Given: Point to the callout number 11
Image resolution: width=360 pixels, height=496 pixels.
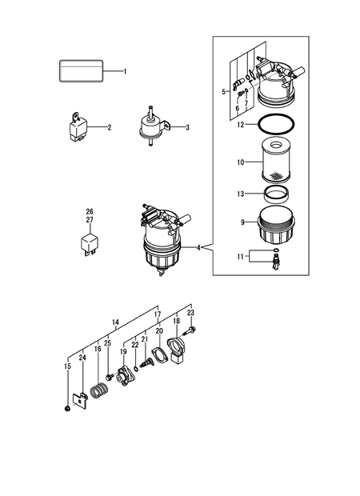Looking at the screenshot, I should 239,258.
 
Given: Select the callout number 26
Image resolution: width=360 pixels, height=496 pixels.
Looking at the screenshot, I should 90,212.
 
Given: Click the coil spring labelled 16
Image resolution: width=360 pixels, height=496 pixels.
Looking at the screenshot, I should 98,392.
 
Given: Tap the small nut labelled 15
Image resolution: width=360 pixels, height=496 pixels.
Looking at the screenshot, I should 67,409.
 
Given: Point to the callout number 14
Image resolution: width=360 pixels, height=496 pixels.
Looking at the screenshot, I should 115,323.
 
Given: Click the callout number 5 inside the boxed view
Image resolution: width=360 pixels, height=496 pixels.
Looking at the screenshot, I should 225,91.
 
